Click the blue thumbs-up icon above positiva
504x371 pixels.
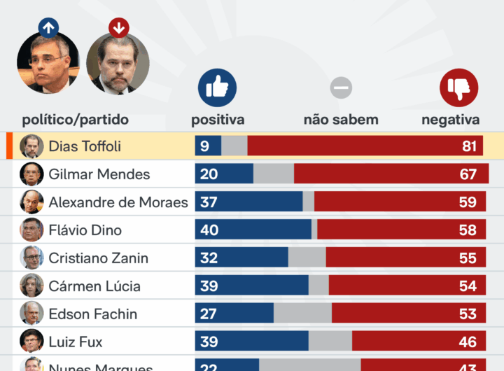tap(217, 87)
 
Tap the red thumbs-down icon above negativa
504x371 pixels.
tap(458, 87)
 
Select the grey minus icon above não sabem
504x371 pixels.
tap(341, 87)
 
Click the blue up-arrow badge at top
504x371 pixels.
tap(48, 28)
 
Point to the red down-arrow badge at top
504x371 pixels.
tap(119, 28)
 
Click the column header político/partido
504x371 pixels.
tap(76, 120)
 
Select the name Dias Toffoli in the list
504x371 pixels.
tap(85, 146)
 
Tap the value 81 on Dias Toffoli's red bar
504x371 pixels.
tap(469, 146)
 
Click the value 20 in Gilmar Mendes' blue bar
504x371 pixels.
tap(209, 174)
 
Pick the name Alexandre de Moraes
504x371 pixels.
tap(118, 202)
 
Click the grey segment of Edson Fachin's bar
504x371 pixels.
tap(302, 314)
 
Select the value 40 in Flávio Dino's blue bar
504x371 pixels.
tap(209, 230)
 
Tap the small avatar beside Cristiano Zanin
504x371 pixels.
tap(31, 258)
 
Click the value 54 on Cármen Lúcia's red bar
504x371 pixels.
tap(468, 286)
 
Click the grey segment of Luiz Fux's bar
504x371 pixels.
tap(330, 342)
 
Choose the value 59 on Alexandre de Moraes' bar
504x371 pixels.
tap(468, 202)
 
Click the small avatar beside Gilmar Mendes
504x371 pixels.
tap(31, 174)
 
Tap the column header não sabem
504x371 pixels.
tap(341, 120)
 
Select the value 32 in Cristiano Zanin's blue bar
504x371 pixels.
tap(209, 258)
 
